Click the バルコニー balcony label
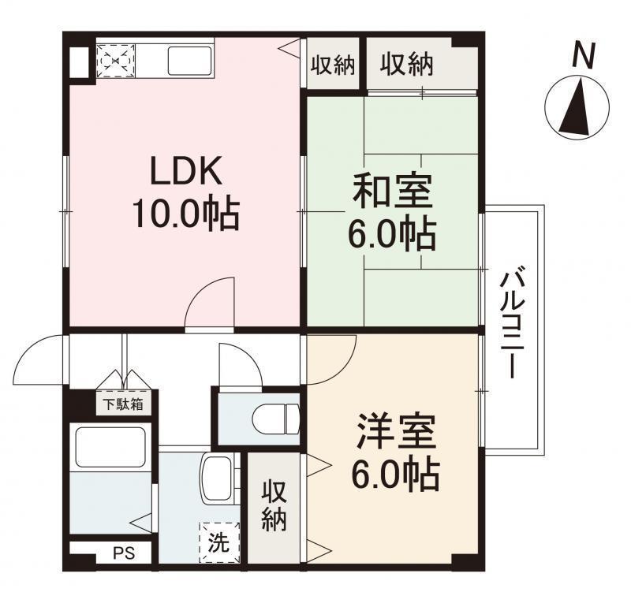pos(513,324)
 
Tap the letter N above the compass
pos(583,56)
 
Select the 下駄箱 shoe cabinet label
pos(124,405)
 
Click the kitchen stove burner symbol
pos(115,59)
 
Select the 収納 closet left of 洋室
pos(273,505)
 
